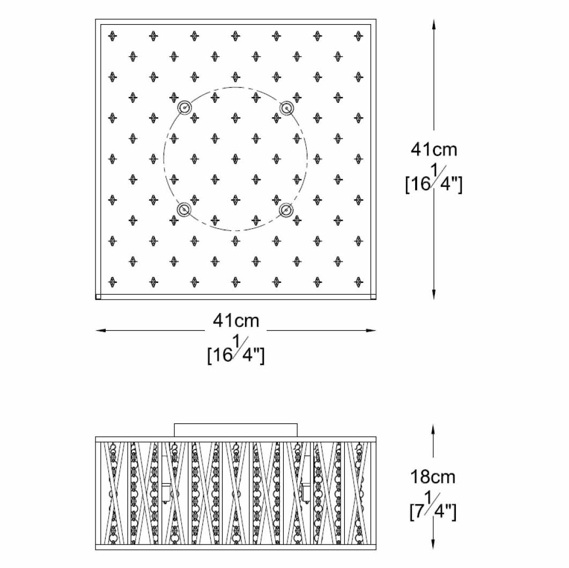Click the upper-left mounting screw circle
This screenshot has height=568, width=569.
(185, 107)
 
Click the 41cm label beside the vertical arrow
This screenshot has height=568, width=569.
(434, 149)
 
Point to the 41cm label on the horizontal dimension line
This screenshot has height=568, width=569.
(236, 320)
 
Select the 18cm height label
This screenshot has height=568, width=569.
(434, 476)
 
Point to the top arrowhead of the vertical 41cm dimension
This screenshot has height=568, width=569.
(434, 24)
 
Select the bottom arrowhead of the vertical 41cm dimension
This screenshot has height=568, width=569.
(434, 295)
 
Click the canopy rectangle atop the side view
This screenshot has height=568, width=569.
(236, 430)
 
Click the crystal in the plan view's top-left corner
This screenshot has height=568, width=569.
(112, 36)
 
